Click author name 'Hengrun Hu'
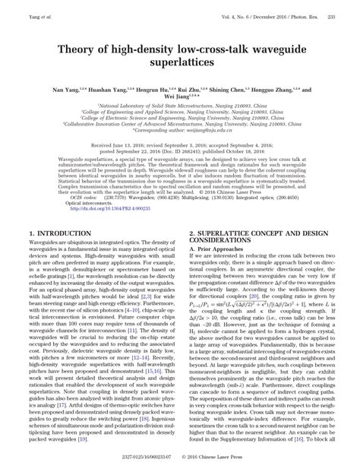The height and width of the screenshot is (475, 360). tap(153, 90)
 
